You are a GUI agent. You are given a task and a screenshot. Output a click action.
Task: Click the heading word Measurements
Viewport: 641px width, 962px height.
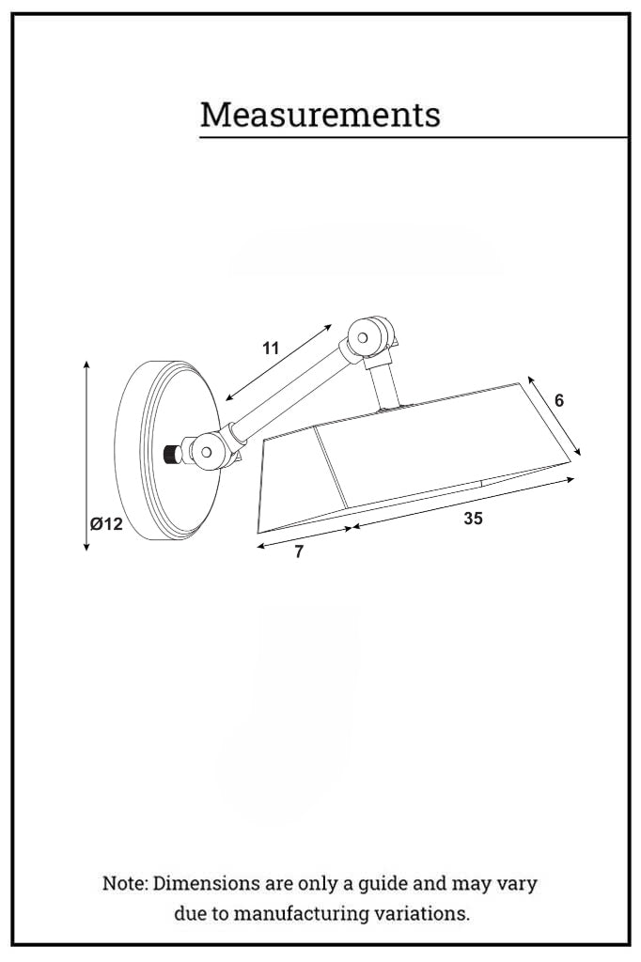tap(320, 115)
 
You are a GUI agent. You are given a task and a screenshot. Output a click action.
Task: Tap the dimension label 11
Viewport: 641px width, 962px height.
tap(271, 349)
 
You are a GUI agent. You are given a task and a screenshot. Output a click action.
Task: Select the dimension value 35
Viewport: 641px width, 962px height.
tap(473, 518)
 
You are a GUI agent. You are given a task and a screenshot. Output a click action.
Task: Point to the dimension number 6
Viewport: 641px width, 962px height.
tap(559, 400)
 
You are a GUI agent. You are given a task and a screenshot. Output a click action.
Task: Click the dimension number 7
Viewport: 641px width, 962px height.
tap(299, 552)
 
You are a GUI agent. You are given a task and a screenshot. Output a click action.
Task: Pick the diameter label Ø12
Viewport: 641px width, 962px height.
tap(106, 524)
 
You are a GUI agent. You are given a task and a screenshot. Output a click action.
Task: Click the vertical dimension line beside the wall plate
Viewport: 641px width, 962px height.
tap(86, 455)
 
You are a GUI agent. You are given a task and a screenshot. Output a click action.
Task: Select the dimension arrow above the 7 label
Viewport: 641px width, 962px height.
tap(304, 536)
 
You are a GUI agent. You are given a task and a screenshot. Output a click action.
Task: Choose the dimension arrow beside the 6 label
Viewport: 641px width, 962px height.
tap(555, 416)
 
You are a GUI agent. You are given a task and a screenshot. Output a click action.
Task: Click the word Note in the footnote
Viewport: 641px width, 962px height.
tap(124, 884)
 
